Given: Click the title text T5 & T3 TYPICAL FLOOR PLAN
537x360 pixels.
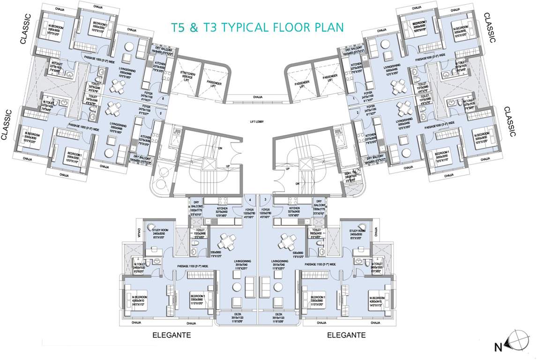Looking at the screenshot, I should (x=257, y=27).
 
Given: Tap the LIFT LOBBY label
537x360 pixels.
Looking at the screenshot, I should (x=259, y=121).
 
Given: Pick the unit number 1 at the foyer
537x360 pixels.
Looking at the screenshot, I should (x=354, y=99).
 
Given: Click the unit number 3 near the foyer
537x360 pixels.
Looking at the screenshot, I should (x=265, y=199).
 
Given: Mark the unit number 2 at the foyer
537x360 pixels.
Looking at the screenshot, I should (x=357, y=113).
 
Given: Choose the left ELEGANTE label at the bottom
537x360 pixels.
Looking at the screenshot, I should (x=172, y=335).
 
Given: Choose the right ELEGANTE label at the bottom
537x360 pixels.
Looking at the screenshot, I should (x=346, y=335).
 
